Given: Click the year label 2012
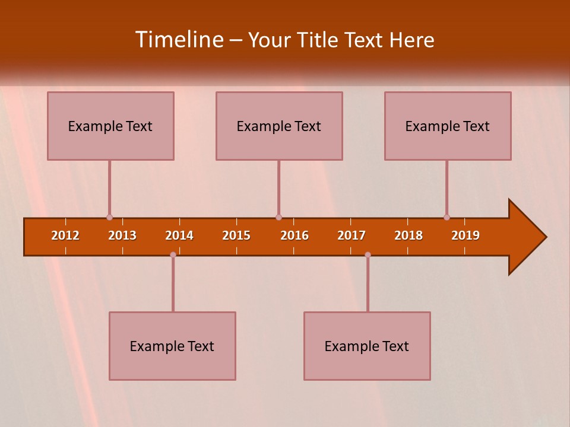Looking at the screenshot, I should [65, 235].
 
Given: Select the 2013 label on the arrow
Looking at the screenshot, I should [122, 235].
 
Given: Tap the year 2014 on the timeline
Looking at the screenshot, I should [179, 235].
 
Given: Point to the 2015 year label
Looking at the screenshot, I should [236, 235].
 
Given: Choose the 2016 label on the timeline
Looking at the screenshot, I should [294, 235].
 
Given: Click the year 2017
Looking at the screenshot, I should [351, 235].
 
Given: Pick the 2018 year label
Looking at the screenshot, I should [408, 235].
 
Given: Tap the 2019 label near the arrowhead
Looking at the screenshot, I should [465, 235].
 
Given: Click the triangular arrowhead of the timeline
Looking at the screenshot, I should [526, 237].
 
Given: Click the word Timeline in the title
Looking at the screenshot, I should [180, 40].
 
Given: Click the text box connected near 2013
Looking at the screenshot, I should [110, 126].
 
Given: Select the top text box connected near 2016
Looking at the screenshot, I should [279, 126].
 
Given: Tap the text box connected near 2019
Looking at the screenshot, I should [448, 126].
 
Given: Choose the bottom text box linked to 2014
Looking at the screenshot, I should [172, 346].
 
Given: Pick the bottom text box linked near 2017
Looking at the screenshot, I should [367, 346].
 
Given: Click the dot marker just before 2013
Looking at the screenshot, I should [109, 217].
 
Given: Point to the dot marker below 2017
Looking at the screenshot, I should [368, 254].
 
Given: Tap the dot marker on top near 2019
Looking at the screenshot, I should [446, 217].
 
